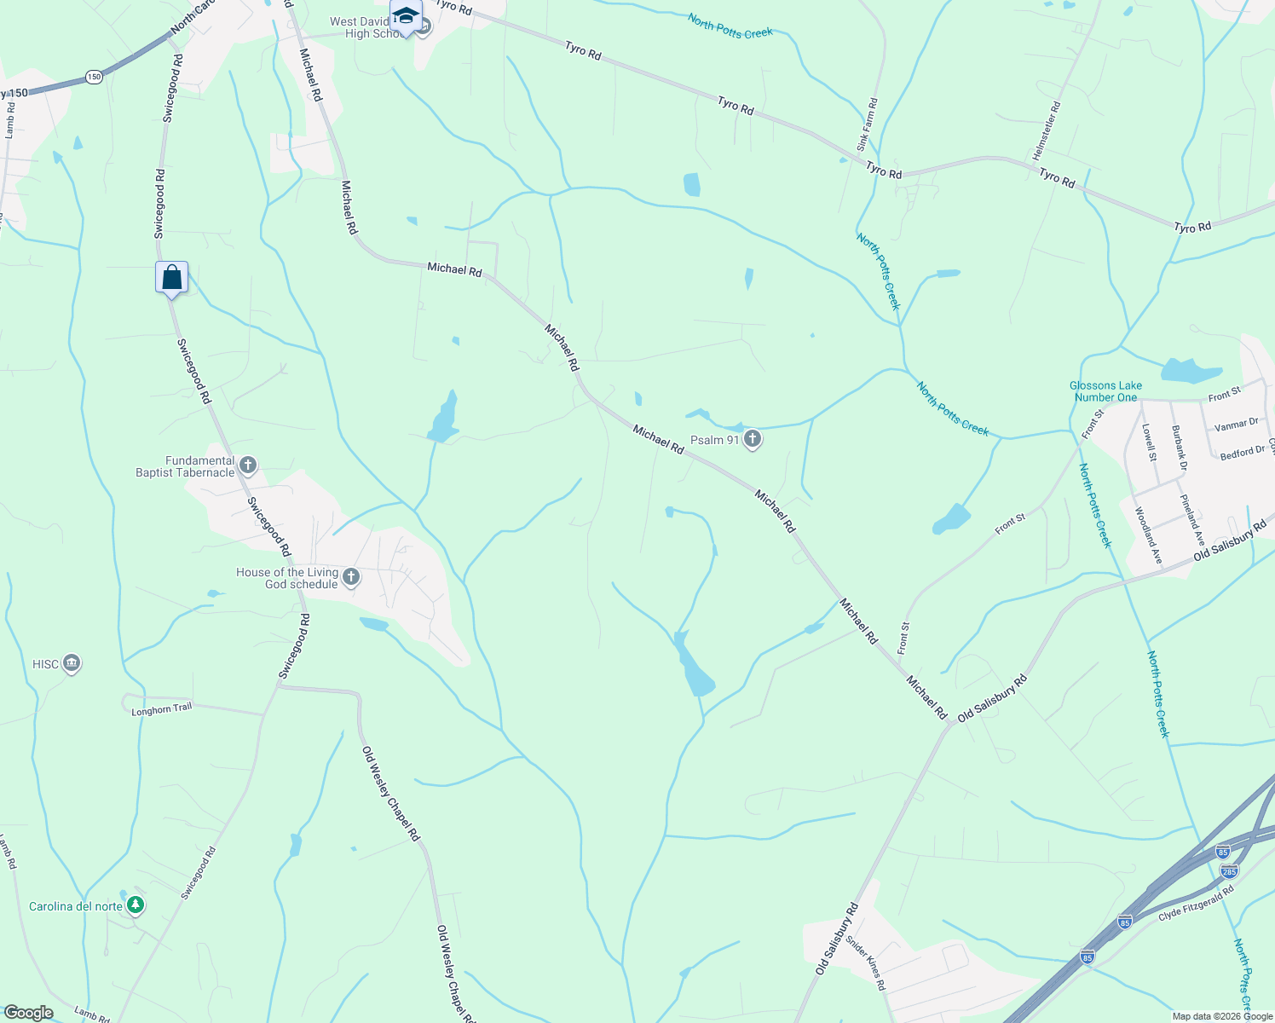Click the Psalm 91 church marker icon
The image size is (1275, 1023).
point(752,440)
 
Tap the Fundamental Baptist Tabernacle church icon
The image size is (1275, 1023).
point(248,465)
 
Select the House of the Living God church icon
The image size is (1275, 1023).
point(350,578)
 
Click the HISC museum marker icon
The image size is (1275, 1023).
point(72,663)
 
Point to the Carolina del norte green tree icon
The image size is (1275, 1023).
point(135,905)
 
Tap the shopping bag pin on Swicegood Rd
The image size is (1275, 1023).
point(171,278)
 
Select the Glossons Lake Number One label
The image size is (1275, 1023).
point(1105,391)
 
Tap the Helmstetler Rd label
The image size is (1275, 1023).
point(1047,131)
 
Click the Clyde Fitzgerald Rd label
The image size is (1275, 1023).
point(1196,904)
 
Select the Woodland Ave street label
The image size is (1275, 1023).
point(1148,535)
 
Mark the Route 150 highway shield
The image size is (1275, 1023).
point(94,77)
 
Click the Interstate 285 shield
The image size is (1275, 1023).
point(1228,870)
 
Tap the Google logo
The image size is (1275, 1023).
point(28,1013)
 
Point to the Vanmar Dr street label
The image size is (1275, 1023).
point(1236,424)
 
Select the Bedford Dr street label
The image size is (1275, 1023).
point(1243,452)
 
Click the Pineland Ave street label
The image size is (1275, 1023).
point(1192,519)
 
